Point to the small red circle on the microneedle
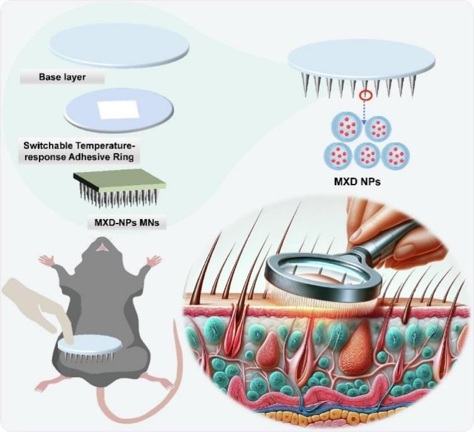click(364, 96)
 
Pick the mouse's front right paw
click(153, 259)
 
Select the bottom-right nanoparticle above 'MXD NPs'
click(396, 156)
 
